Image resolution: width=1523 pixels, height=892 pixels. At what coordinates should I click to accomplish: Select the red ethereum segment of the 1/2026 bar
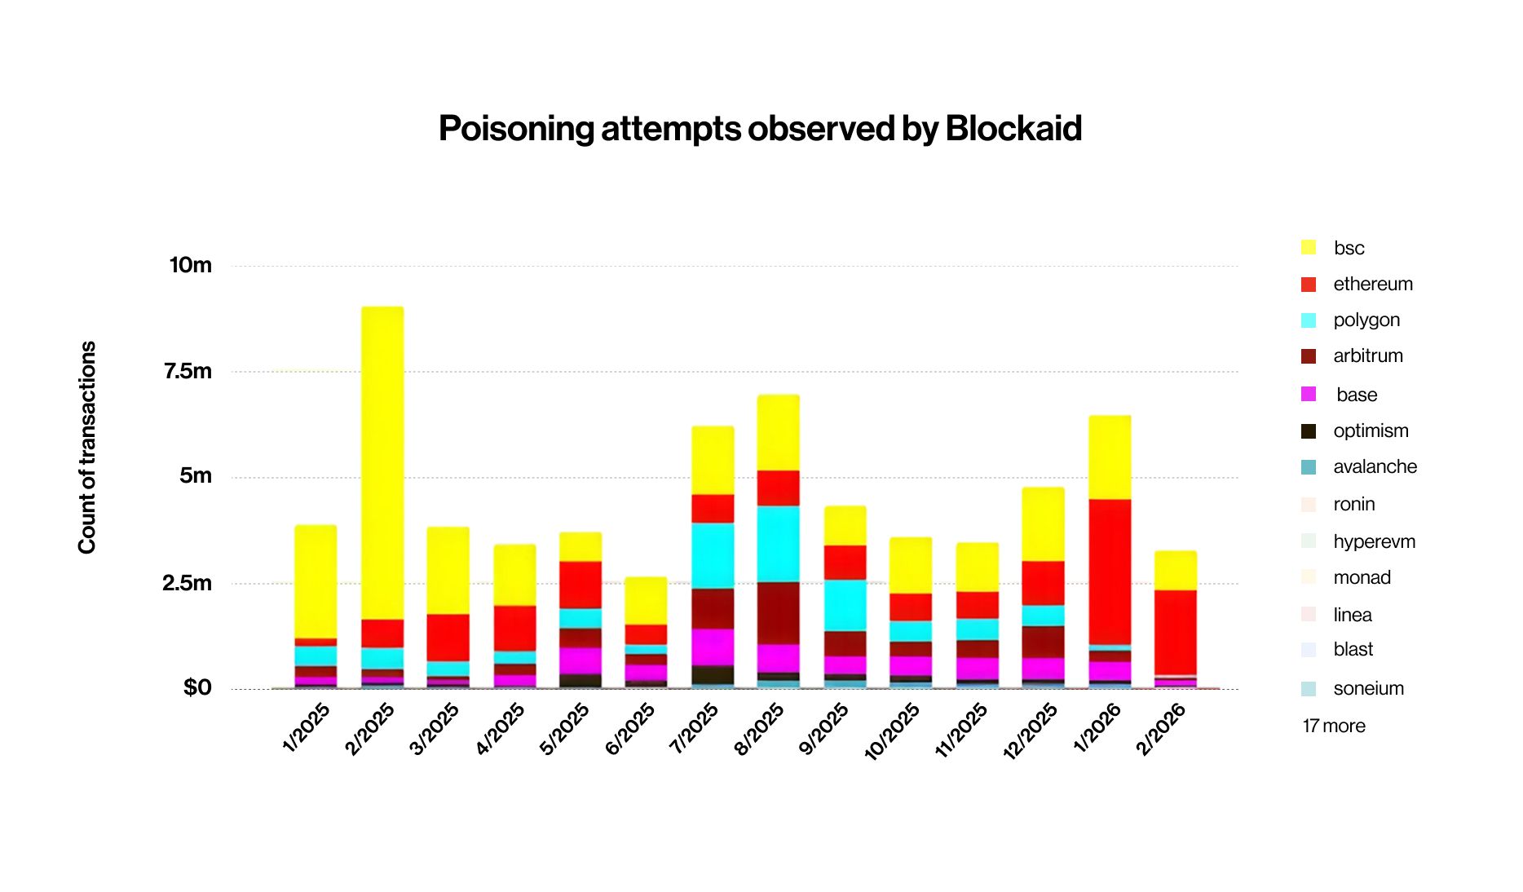pyautogui.click(x=1110, y=571)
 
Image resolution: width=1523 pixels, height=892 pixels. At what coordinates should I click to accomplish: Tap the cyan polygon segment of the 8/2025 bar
pyautogui.click(x=778, y=543)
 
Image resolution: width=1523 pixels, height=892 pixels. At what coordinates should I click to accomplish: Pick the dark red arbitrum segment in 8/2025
pyautogui.click(x=778, y=612)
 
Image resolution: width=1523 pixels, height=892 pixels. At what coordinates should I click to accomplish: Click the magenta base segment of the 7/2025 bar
pyautogui.click(x=713, y=647)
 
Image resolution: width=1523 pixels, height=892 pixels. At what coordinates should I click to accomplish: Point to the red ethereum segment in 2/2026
pyautogui.click(x=1176, y=633)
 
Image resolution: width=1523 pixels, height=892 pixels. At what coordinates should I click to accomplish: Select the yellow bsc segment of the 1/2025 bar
pyautogui.click(x=316, y=581)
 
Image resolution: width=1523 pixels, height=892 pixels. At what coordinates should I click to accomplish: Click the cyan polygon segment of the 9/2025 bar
pyautogui.click(x=845, y=605)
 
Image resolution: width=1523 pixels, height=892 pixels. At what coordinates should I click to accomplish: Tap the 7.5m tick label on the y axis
pyautogui.click(x=188, y=372)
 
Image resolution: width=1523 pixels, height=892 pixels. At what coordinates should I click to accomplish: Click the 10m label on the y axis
pyautogui.click(x=191, y=266)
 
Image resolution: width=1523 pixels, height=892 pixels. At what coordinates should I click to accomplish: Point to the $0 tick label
pyautogui.click(x=197, y=688)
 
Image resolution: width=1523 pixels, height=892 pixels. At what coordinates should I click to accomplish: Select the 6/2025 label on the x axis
pyautogui.click(x=630, y=728)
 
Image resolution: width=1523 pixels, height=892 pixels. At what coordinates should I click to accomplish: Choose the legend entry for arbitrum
pyautogui.click(x=1367, y=356)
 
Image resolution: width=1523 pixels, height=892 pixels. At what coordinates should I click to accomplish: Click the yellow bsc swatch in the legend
pyautogui.click(x=1309, y=248)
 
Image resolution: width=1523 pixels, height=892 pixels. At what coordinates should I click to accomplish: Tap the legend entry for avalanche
pyautogui.click(x=1375, y=467)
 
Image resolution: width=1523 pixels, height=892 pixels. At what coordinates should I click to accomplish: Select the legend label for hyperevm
pyautogui.click(x=1374, y=542)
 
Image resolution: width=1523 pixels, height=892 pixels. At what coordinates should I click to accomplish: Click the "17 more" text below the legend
pyautogui.click(x=1334, y=726)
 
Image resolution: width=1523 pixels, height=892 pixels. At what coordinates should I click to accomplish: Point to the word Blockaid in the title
pyautogui.click(x=1013, y=129)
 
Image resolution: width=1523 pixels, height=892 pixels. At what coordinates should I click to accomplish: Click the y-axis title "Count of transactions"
pyautogui.click(x=87, y=448)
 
